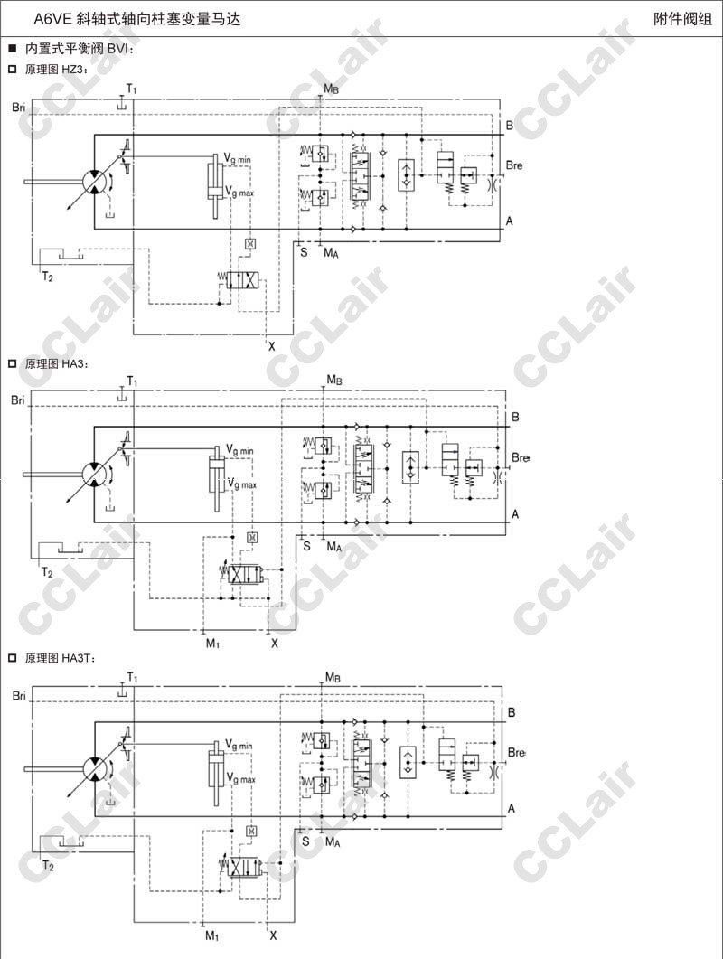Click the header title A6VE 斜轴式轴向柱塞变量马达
(x=137, y=19)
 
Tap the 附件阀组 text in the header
(x=682, y=19)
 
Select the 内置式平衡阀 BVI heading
(x=80, y=49)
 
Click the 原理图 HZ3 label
(x=56, y=70)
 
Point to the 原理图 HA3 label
(x=56, y=364)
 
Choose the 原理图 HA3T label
(x=60, y=659)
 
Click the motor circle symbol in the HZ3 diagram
(x=96, y=181)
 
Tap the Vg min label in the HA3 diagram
(x=239, y=451)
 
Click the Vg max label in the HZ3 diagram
(x=239, y=193)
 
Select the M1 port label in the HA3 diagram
(x=212, y=644)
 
